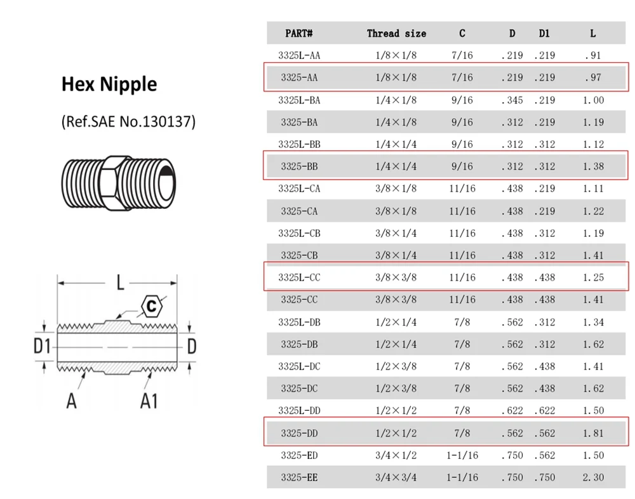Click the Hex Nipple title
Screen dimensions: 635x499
(x=109, y=84)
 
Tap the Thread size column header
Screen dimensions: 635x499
(x=396, y=33)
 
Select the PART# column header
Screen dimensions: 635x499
(x=299, y=33)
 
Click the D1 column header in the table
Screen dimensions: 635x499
(x=544, y=33)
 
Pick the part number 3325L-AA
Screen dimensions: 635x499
(x=299, y=55)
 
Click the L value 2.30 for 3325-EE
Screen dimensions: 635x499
(x=593, y=477)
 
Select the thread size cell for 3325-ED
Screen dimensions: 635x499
(x=396, y=455)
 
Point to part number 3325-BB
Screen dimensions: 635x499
(x=299, y=166)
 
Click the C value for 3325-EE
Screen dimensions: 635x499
(x=462, y=477)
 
